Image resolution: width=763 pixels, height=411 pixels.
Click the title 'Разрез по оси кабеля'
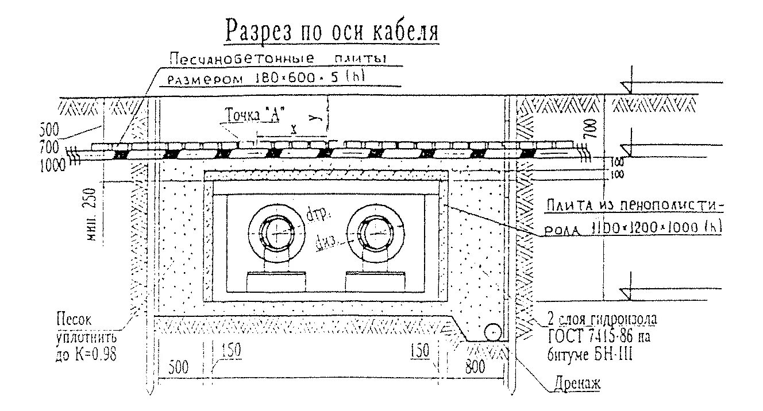tap(332, 31)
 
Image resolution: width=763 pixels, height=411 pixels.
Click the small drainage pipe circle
tap(493, 332)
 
